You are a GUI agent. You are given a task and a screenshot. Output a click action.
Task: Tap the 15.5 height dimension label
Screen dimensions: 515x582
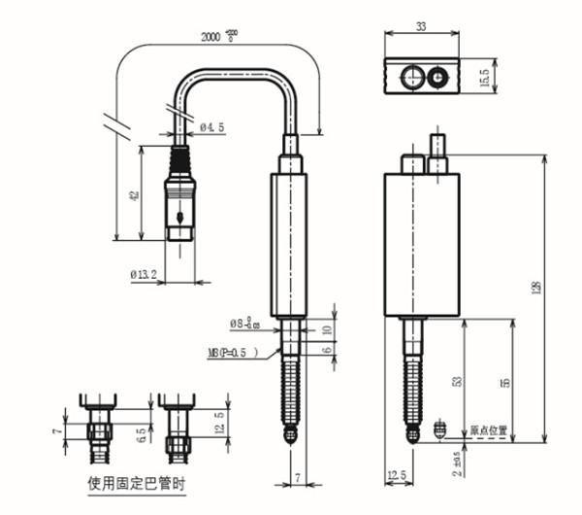pyautogui.click(x=512, y=76)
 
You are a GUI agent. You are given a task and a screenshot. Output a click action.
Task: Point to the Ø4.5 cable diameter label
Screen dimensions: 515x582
pyautogui.click(x=213, y=126)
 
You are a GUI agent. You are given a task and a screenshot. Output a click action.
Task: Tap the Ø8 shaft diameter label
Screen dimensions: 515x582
pyautogui.click(x=243, y=324)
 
